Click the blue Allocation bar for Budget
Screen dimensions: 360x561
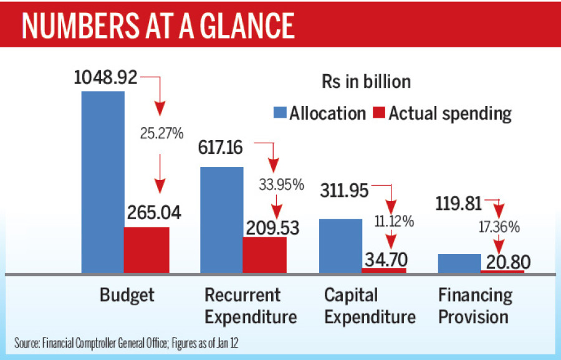103,181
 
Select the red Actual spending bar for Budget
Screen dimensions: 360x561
146,250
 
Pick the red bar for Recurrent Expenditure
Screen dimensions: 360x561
264,255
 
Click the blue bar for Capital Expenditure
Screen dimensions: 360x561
340,245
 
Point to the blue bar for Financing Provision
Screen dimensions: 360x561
459,263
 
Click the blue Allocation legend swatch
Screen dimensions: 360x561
280,113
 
